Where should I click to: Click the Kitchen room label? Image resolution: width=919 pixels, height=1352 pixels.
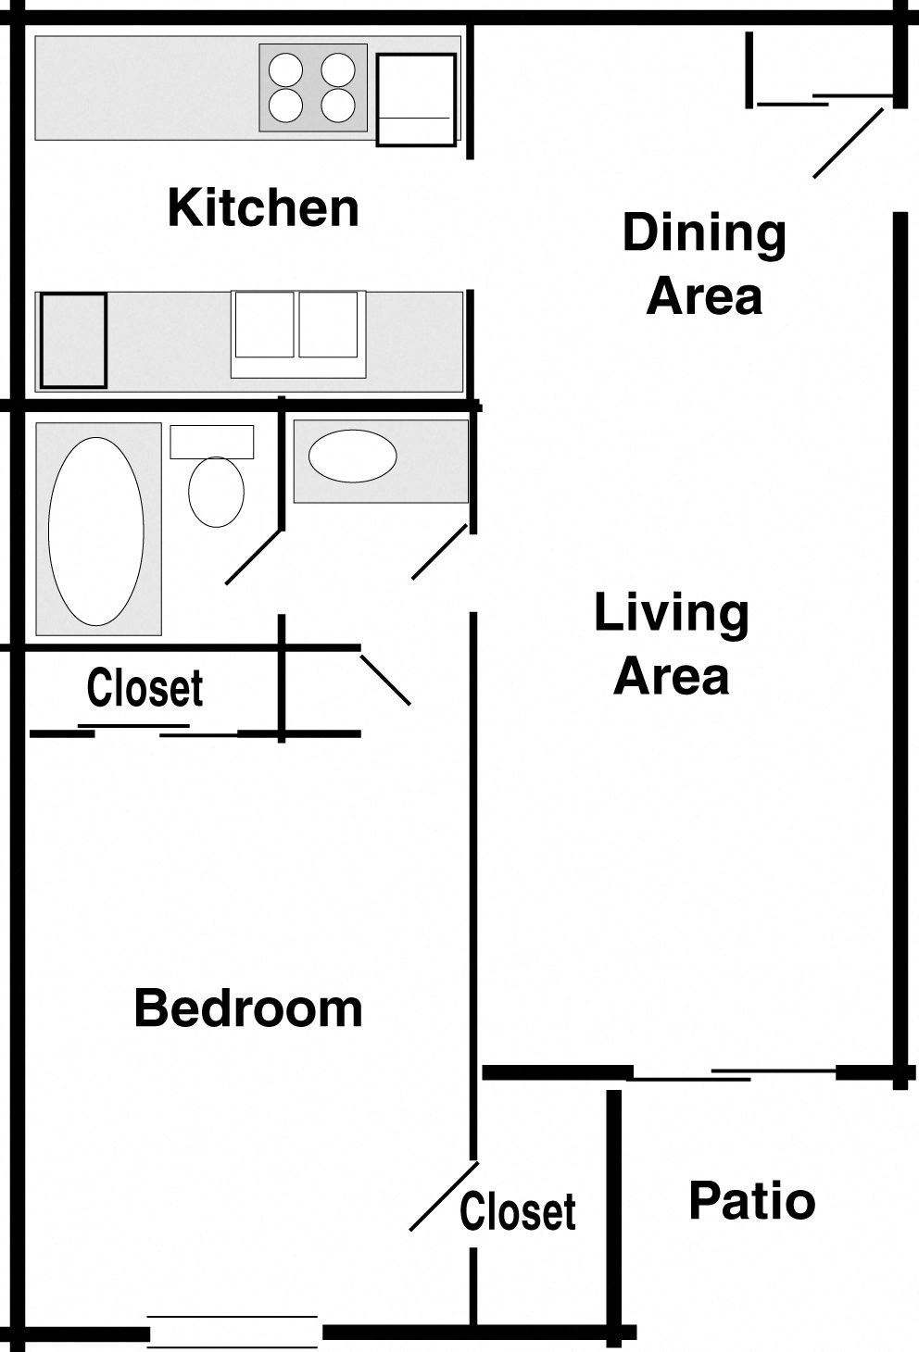tap(263, 207)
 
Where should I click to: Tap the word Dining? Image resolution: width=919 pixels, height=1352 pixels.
tap(704, 233)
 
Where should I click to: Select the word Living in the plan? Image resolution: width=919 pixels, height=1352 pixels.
tap(671, 614)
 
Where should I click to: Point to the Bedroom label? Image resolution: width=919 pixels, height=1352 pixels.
tap(248, 1008)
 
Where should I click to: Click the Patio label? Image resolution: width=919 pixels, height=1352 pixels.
tap(751, 1201)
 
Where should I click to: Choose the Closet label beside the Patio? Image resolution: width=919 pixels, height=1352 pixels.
tap(518, 1211)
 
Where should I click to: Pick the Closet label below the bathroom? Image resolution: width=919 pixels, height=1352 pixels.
tap(145, 688)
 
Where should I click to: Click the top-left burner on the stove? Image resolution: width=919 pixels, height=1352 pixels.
tap(285, 69)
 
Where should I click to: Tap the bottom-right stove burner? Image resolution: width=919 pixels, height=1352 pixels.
tap(338, 106)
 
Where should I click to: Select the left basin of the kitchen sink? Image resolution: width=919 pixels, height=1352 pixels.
tap(264, 324)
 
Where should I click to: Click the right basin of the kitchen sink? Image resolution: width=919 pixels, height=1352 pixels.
tap(328, 324)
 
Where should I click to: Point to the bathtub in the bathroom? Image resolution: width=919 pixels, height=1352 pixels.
tap(96, 531)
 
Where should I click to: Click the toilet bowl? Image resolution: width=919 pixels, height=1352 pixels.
tap(216, 492)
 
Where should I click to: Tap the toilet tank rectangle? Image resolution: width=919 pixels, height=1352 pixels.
tap(212, 442)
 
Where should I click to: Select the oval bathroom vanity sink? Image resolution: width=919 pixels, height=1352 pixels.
tap(352, 456)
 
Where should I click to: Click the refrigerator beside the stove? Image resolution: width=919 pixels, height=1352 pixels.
tap(416, 99)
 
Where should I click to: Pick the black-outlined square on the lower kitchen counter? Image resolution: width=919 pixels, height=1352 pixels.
tap(73, 340)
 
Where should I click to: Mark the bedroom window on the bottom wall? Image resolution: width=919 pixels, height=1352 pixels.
tap(233, 1332)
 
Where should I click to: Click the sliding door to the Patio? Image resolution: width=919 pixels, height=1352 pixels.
tap(732, 1074)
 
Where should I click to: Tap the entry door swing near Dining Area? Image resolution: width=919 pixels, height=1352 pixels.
tap(848, 144)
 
